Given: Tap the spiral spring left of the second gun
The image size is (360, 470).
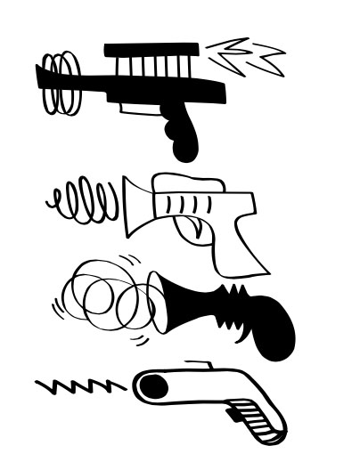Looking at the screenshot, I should [83, 201].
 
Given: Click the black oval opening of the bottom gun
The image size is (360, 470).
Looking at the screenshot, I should [152, 385].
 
